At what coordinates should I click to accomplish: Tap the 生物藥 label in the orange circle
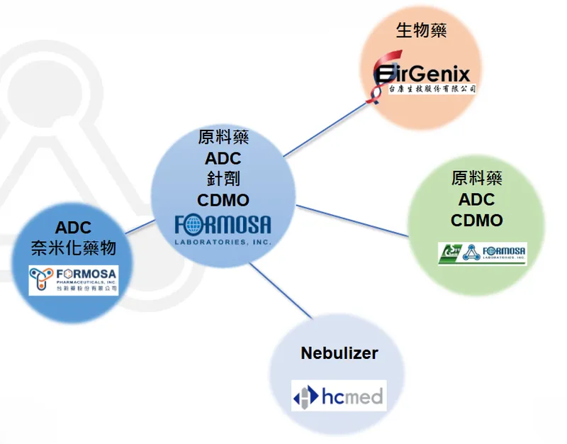coord(421,30)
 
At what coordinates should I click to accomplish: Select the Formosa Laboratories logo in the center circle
coord(223,229)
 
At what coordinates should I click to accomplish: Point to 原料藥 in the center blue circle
coord(223,137)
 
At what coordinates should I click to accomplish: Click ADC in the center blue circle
coord(223,157)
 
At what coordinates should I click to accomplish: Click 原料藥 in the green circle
coord(476,178)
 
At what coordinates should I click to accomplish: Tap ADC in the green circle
coord(476,199)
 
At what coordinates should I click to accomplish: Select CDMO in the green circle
coord(476,221)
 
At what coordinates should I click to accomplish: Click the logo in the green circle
coord(482,253)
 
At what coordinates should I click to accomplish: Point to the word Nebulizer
coord(339,353)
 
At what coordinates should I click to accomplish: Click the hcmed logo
coord(339,396)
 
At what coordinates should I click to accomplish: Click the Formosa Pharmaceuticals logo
coord(74,279)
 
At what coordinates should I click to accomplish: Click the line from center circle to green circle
coord(352,221)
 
